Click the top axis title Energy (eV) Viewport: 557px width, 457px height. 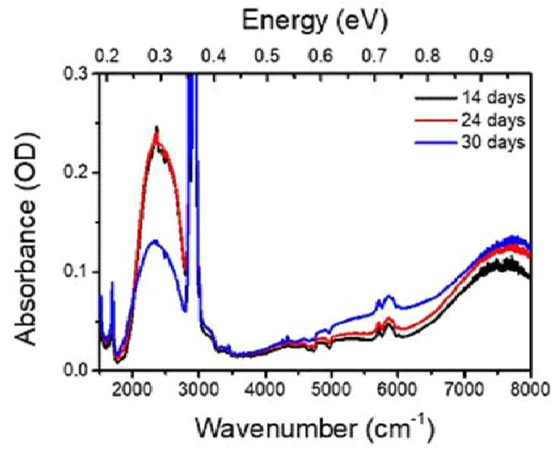(x=315, y=22)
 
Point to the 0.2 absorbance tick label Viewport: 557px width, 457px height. (x=77, y=173)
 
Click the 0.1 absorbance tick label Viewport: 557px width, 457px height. (x=77, y=272)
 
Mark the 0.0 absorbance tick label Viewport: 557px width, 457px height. (x=77, y=370)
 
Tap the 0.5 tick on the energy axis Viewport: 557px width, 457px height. (x=267, y=56)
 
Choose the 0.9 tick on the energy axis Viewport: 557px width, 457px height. (x=481, y=56)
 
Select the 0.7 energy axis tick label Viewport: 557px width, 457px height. (x=374, y=56)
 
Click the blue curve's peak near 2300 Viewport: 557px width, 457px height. (x=154, y=241)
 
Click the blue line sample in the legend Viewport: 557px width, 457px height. (x=435, y=142)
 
